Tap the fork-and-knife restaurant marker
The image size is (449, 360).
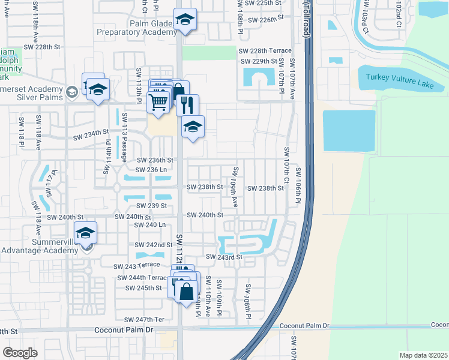tap(187, 105)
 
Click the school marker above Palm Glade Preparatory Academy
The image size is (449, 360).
tap(185, 20)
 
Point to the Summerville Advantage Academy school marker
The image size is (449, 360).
tap(85, 232)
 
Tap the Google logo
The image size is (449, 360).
tap(20, 352)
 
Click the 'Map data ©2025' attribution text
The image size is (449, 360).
tap(423, 355)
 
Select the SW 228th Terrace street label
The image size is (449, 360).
tap(265, 51)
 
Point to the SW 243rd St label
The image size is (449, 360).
tap(224, 257)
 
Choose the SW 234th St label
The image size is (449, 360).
tap(91, 131)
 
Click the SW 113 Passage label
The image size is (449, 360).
tap(125, 137)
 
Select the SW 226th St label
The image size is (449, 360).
tap(264, 19)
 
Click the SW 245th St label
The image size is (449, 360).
tap(143, 288)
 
